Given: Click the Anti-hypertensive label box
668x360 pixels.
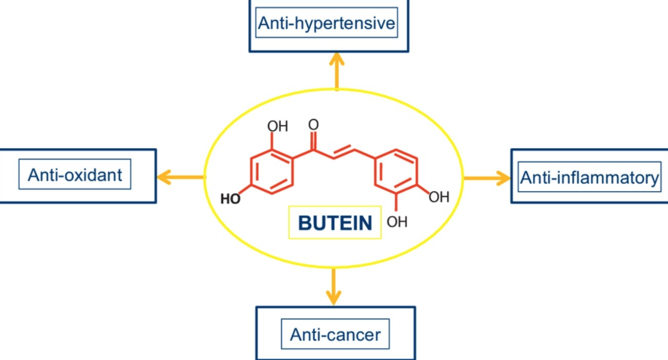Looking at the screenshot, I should click(326, 24).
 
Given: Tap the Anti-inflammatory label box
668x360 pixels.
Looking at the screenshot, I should click(589, 177).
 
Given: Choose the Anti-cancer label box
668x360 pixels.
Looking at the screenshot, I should click(335, 334).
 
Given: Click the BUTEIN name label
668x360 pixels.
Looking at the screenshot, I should click(334, 222).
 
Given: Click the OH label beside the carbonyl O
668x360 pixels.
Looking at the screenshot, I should click(277, 126).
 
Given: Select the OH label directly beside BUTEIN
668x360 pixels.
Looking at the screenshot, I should click(397, 221).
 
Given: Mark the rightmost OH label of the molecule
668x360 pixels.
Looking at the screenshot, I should click(439, 197).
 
